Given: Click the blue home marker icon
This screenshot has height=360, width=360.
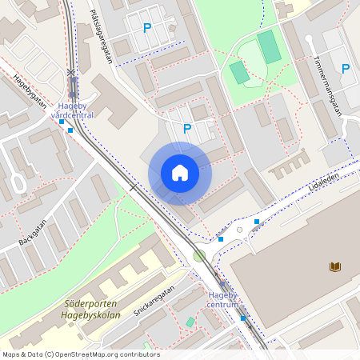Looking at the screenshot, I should coord(180,173).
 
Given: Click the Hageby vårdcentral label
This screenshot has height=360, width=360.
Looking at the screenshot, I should coord(72,110).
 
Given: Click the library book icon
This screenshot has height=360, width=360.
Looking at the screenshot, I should coord(334,266).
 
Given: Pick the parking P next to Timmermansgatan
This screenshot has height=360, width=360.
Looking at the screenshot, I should coord(346,69).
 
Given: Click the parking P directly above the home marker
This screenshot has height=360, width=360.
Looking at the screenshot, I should coord(187,128).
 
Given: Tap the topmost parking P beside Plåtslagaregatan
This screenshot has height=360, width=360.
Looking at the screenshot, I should coord(146,28).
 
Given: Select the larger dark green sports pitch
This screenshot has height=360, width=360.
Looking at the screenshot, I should coord(269,47).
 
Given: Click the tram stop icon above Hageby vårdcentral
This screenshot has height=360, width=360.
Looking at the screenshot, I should coord(72,84).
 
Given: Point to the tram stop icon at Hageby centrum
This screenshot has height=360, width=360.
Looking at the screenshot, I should coord(223,286).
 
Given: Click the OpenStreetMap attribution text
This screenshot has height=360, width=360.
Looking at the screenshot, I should coord(81,354).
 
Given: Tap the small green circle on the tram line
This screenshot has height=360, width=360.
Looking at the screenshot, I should coord(199,256).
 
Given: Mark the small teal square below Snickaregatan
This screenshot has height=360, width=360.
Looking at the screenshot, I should coord(190,322).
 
